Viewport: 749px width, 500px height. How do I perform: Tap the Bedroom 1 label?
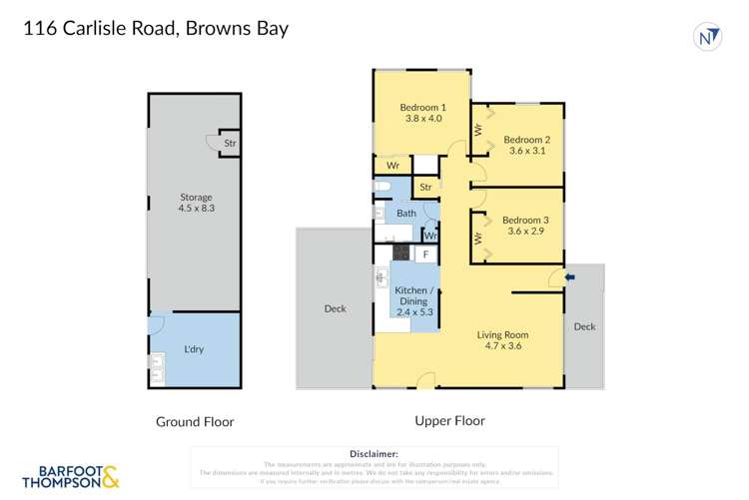pos(422,107)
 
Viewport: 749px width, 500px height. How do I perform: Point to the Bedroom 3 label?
pos(525,220)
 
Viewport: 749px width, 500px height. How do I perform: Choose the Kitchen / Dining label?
pos(414,283)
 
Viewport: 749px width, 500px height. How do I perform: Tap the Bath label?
pos(405,214)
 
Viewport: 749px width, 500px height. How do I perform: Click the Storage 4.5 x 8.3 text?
pos(196,204)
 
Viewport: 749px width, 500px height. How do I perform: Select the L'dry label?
pos(194,349)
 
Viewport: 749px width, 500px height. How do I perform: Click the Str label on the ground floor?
pos(230,143)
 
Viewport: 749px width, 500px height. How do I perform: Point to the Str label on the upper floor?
pos(425,187)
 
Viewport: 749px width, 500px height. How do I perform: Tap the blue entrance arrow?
pos(569,277)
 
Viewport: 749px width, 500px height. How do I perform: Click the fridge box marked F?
pos(426,254)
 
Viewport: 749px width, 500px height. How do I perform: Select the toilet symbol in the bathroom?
pos(380,187)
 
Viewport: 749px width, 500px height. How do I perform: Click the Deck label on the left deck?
pos(335,309)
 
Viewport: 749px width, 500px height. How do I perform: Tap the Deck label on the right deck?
pos(584,326)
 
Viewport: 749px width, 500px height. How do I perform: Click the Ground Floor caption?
pos(195,422)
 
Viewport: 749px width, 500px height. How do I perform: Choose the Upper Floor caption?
pos(451,421)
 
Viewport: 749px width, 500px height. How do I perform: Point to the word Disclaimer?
pos(374,453)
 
